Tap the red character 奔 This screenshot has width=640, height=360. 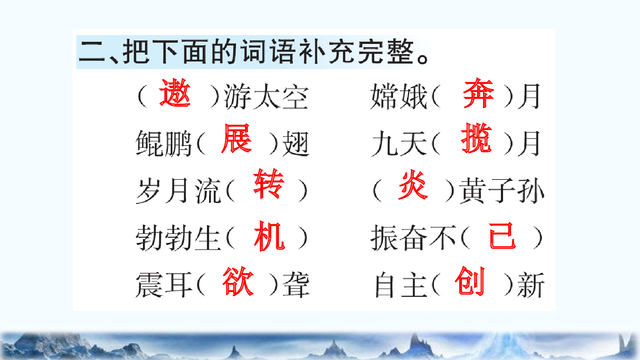pos(478,93)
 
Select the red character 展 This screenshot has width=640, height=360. pos(236,139)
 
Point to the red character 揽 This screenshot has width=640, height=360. pos(476,139)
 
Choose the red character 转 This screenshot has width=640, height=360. pos(268,184)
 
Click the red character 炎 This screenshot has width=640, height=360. pos(413,185)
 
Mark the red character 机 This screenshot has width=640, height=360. pos(269,236)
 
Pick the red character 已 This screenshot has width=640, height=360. pos(502,236)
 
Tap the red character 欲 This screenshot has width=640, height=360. pos(238,281)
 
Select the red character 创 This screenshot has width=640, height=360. pos(469,281)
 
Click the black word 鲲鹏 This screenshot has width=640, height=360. pos(163,144)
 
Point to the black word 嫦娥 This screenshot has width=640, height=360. pos(399,96)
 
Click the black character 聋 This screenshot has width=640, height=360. pos(296,285)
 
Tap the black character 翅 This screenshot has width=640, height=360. pos(296,144)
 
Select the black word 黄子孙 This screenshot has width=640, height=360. pos(502,191)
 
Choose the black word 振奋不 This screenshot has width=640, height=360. pos(413,238)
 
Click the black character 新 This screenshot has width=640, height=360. pos(531,285)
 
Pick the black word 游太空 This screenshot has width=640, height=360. pos(266,97)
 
